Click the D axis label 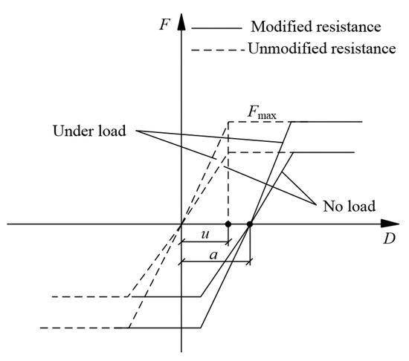tap(388, 240)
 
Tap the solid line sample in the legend tap(217, 28)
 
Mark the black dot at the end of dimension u tap(228, 224)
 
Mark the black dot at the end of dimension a tap(250, 224)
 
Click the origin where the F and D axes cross tap(181, 224)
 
